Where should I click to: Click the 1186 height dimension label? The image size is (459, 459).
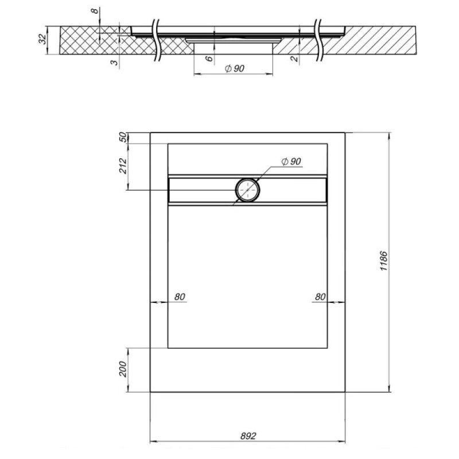pos(384,261)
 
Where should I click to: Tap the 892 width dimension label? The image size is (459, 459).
pos(248,436)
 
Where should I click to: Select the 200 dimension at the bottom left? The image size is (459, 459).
pos(123,369)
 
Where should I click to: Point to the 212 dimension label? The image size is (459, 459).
pos(123,166)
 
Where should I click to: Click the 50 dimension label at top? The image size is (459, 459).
pos(124,137)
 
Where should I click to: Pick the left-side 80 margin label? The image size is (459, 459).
pos(180,297)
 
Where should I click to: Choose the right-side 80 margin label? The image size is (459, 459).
pos(320,297)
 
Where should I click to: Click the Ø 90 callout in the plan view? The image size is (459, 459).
pos(291,161)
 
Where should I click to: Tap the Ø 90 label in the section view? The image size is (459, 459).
pos(235,68)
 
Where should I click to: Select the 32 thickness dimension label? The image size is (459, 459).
pos(42,39)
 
